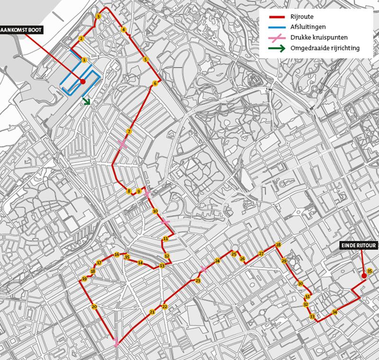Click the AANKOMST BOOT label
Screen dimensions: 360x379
(21, 30)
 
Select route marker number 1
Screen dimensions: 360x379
(84, 60)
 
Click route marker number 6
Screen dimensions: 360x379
(155, 84)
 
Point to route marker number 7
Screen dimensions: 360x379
(128, 132)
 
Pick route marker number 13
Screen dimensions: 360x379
(162, 266)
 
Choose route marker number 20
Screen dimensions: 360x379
(94, 307)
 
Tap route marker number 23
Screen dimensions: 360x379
(198, 281)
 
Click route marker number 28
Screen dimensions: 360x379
(278, 245)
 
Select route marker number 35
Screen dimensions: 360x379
(370, 271)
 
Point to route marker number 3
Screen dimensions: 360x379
(98, 17)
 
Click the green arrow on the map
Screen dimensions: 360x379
(87, 101)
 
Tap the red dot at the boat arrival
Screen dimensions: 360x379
(82, 81)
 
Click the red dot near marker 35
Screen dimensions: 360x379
(364, 276)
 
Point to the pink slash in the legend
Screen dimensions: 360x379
(274, 38)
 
